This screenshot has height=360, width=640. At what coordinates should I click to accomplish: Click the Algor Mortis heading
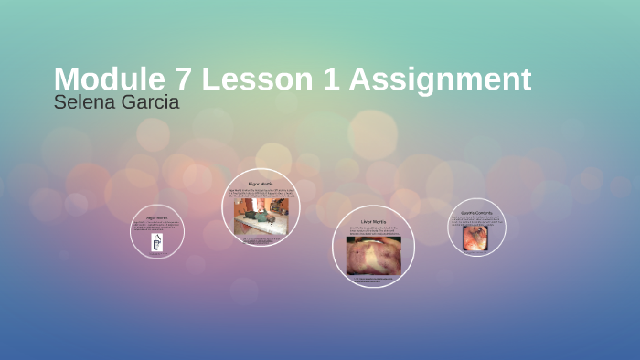pos(156,218)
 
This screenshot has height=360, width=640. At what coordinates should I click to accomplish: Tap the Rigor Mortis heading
pos(261,184)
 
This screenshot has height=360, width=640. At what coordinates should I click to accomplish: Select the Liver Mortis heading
pos(374,221)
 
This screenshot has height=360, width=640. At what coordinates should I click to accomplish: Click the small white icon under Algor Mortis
pos(156,244)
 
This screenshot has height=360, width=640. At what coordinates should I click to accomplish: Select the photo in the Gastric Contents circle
pos(475,238)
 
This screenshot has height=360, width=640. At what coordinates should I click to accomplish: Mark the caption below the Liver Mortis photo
pos(373,280)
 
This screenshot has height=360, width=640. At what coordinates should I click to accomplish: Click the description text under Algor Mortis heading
pos(156,227)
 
